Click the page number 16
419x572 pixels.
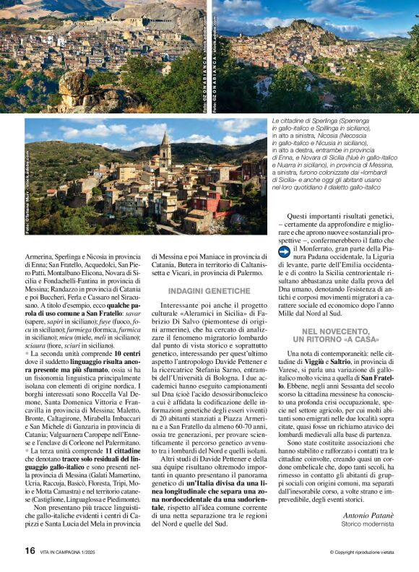click(30, 550)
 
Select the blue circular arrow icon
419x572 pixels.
click(284, 251)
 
